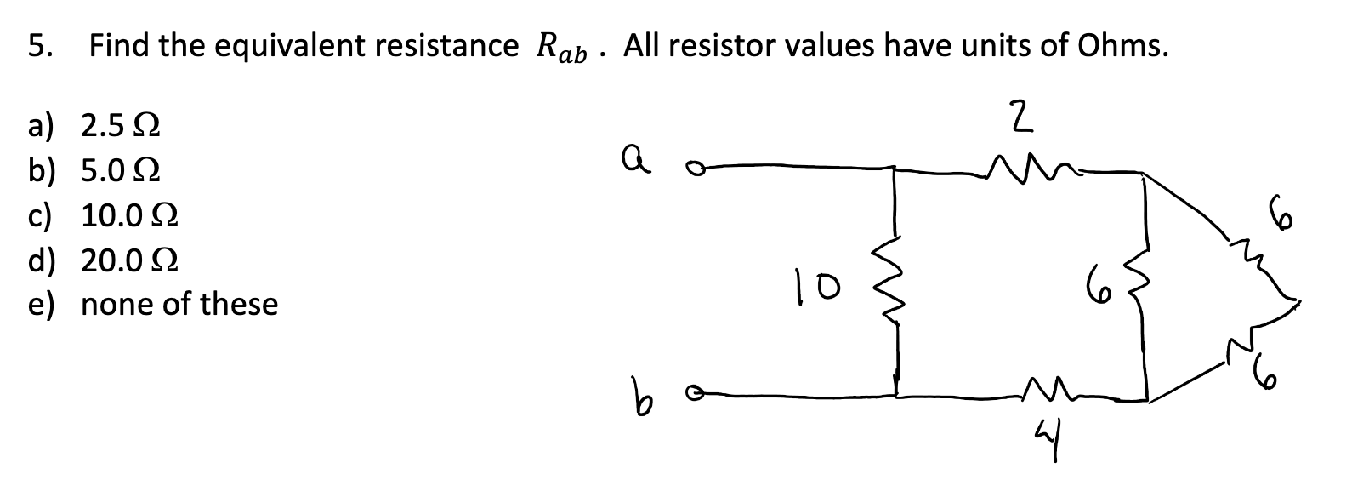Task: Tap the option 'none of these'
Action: pos(179,304)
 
